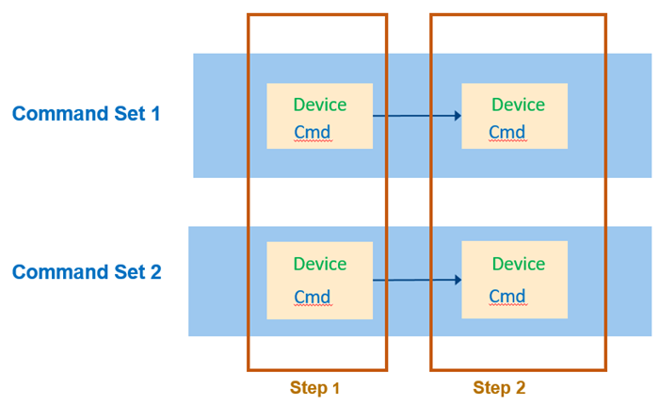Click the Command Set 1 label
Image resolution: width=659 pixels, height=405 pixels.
(x=86, y=114)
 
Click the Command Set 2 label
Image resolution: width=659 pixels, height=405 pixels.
(x=86, y=272)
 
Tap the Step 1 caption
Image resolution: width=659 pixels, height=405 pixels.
(x=315, y=388)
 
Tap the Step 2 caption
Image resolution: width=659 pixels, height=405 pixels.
(x=499, y=388)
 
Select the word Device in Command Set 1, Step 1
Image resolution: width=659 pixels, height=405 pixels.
(x=320, y=105)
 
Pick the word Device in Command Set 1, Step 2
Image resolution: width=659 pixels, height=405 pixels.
(x=519, y=105)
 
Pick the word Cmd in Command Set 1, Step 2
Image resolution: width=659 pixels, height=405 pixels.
(x=506, y=132)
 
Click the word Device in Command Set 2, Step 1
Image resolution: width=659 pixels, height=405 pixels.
(x=320, y=264)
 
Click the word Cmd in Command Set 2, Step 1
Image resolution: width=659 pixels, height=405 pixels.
(x=313, y=297)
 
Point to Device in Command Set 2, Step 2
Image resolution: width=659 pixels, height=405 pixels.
(x=519, y=264)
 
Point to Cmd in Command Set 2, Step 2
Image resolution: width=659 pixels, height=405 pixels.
(x=506, y=296)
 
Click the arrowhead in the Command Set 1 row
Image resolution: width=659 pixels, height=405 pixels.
(x=457, y=116)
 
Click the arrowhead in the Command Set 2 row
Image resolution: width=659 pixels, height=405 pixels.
(x=457, y=280)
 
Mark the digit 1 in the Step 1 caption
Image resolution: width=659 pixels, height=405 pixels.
(x=336, y=388)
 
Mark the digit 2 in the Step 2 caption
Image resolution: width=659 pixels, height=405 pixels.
(x=520, y=388)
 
